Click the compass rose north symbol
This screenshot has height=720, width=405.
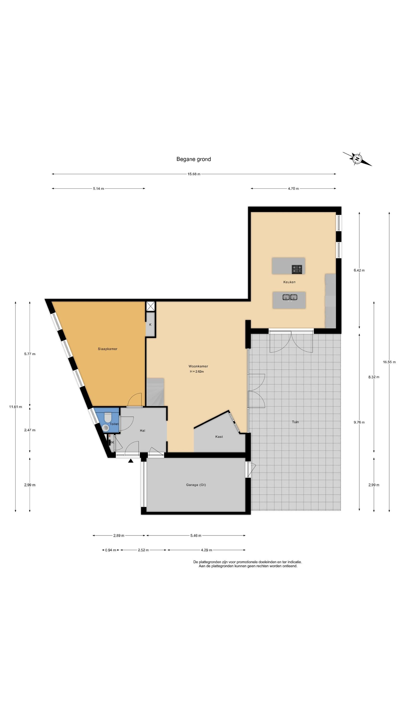pyautogui.click(x=357, y=159)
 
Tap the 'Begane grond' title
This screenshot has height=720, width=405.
pyautogui.click(x=193, y=159)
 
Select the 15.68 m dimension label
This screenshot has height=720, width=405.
pyautogui.click(x=194, y=174)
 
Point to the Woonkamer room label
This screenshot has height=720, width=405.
pyautogui.click(x=198, y=366)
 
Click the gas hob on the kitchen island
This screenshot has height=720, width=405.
pyautogui.click(x=297, y=269)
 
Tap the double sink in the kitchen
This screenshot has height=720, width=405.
pyautogui.click(x=290, y=297)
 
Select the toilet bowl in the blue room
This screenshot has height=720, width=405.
pyautogui.click(x=108, y=417)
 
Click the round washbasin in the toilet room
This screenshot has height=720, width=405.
pyautogui.click(x=105, y=428)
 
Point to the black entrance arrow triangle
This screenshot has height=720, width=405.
pyautogui.click(x=131, y=461)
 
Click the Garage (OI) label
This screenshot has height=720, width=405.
pyautogui.click(x=196, y=485)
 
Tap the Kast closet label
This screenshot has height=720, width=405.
pyautogui.click(x=219, y=437)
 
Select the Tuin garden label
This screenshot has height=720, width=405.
pyautogui.click(x=295, y=422)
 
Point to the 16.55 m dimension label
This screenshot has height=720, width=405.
pyautogui.click(x=389, y=362)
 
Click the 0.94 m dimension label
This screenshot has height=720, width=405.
pyautogui.click(x=110, y=550)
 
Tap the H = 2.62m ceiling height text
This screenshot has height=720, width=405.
pyautogui.click(x=197, y=372)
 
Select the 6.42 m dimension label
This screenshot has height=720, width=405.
pyautogui.click(x=359, y=270)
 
